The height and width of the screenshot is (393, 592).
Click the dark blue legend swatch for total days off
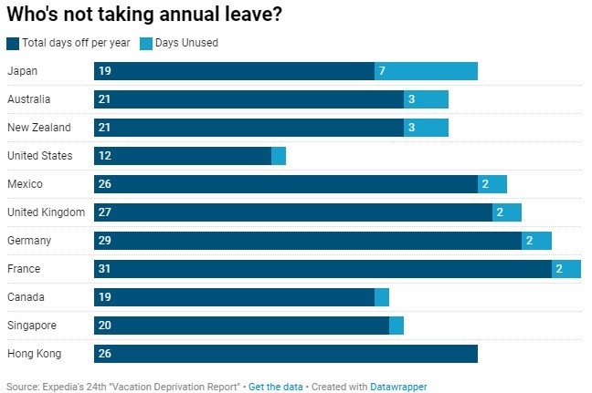click(12, 43)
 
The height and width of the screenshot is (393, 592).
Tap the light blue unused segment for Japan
click(426, 71)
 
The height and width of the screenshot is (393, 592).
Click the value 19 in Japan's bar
click(104, 71)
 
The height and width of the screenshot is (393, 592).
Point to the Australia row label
click(28, 99)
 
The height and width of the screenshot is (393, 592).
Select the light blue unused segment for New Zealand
click(426, 128)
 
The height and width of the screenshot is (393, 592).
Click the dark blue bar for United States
click(183, 156)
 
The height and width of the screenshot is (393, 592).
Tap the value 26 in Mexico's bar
click(104, 184)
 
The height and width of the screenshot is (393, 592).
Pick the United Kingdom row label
click(46, 212)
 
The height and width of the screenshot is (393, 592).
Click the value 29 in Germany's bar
click(104, 241)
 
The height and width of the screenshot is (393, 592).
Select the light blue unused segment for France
click(566, 269)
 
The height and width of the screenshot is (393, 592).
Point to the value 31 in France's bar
click(104, 269)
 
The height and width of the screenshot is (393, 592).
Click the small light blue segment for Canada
click(382, 297)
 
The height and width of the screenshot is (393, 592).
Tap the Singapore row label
click(32, 326)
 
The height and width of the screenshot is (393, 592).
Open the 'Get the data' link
click(275, 387)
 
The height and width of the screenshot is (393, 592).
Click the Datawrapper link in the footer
click(398, 387)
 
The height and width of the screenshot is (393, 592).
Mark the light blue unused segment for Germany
click(536, 241)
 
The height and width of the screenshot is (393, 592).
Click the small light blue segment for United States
click(279, 156)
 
